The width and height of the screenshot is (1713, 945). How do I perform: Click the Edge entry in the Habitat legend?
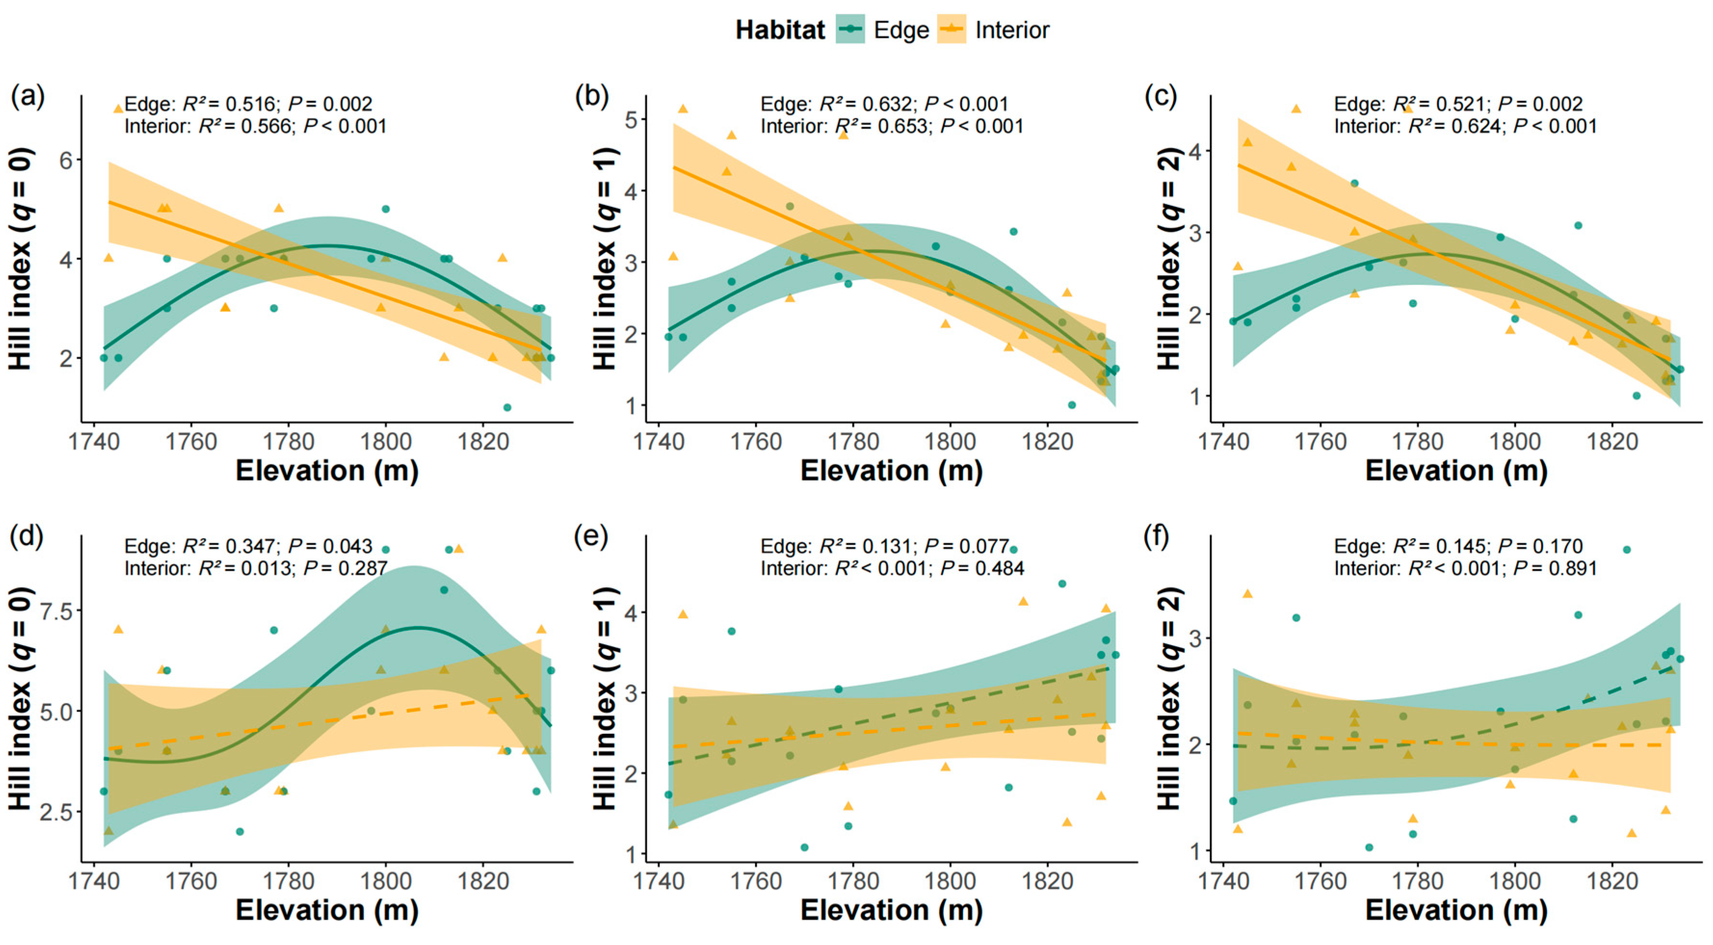901,30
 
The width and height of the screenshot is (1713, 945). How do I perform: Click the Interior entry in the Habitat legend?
1011,30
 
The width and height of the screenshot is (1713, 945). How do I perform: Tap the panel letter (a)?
27,97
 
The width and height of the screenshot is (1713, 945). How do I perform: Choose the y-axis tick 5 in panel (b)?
629,120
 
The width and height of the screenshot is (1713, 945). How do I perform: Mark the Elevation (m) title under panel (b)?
891,471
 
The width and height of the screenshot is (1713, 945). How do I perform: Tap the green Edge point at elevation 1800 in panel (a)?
386,209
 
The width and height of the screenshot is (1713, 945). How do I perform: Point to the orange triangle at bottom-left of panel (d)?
108,830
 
